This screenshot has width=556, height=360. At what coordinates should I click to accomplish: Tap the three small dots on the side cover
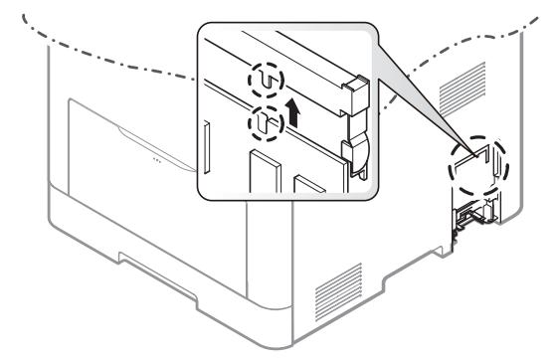coord(154,157)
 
